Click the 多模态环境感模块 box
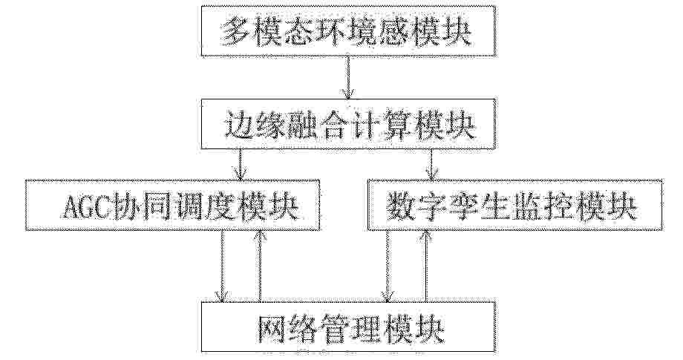pos(348,31)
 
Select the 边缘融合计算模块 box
pos(348,124)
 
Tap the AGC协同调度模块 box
pos(172,205)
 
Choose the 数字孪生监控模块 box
pos(515,204)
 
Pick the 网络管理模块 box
pos(348,327)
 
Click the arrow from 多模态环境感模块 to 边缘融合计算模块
pos(348,77)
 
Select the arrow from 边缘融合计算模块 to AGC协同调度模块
pos(240,165)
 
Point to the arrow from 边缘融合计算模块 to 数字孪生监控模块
pos(431,164)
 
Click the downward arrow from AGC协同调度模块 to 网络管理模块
pos(222,266)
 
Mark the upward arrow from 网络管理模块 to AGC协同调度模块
pos(260,266)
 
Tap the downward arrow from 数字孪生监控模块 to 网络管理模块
pos(388,266)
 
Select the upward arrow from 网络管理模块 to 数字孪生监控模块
pos(425,266)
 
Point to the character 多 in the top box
pos(235,32)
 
